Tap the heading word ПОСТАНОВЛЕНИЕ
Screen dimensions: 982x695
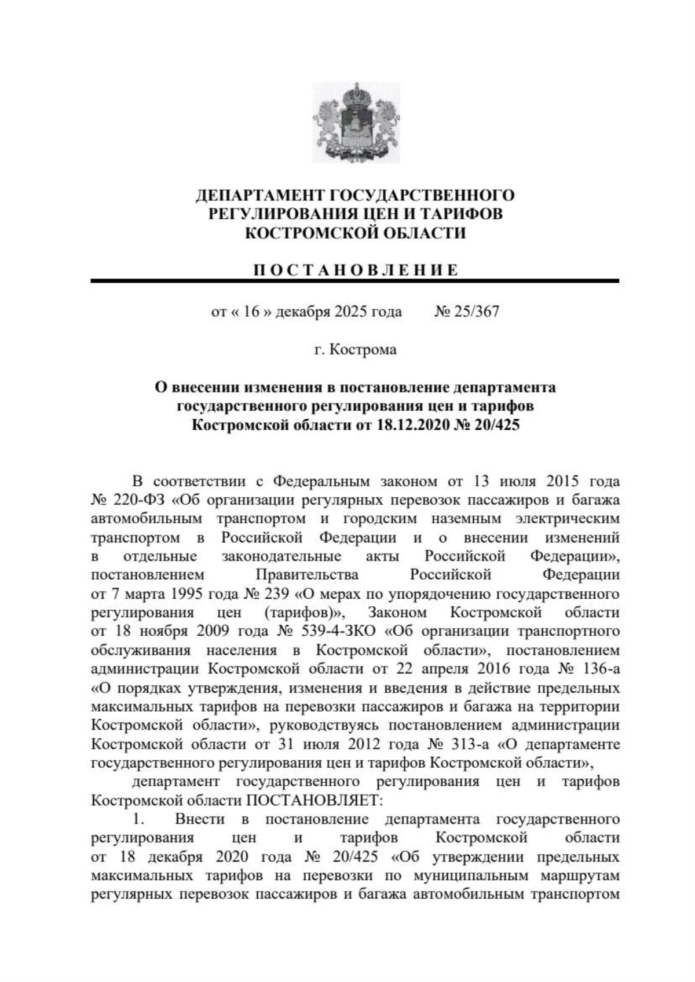354,270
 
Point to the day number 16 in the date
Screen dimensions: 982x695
251,312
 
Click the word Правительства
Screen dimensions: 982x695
307,576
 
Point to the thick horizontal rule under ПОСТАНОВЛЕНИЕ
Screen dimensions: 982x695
354,281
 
